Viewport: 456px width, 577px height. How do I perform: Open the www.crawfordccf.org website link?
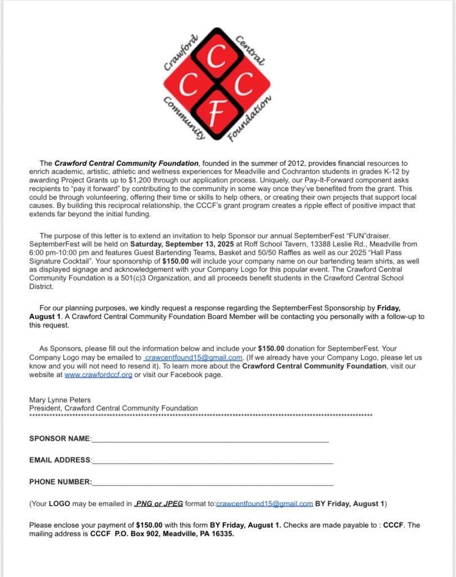[99, 375]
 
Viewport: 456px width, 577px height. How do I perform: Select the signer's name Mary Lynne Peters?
[60, 400]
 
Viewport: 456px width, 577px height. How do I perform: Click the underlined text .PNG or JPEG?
[158, 503]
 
